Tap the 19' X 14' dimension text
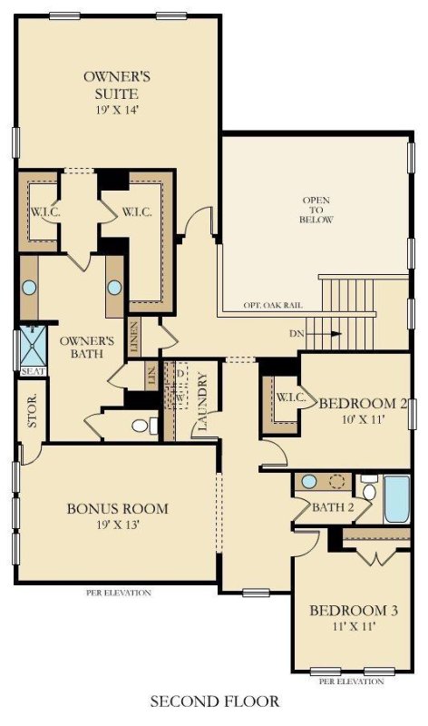[116, 110]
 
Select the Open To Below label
[317, 210]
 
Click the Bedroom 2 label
[359, 404]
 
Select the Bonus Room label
[117, 507]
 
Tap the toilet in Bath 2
[368, 486]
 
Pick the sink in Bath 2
[309, 481]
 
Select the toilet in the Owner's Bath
[141, 425]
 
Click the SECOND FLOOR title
[215, 701]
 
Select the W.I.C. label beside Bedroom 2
[289, 397]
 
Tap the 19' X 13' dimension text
[117, 524]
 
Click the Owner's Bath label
[86, 348]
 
